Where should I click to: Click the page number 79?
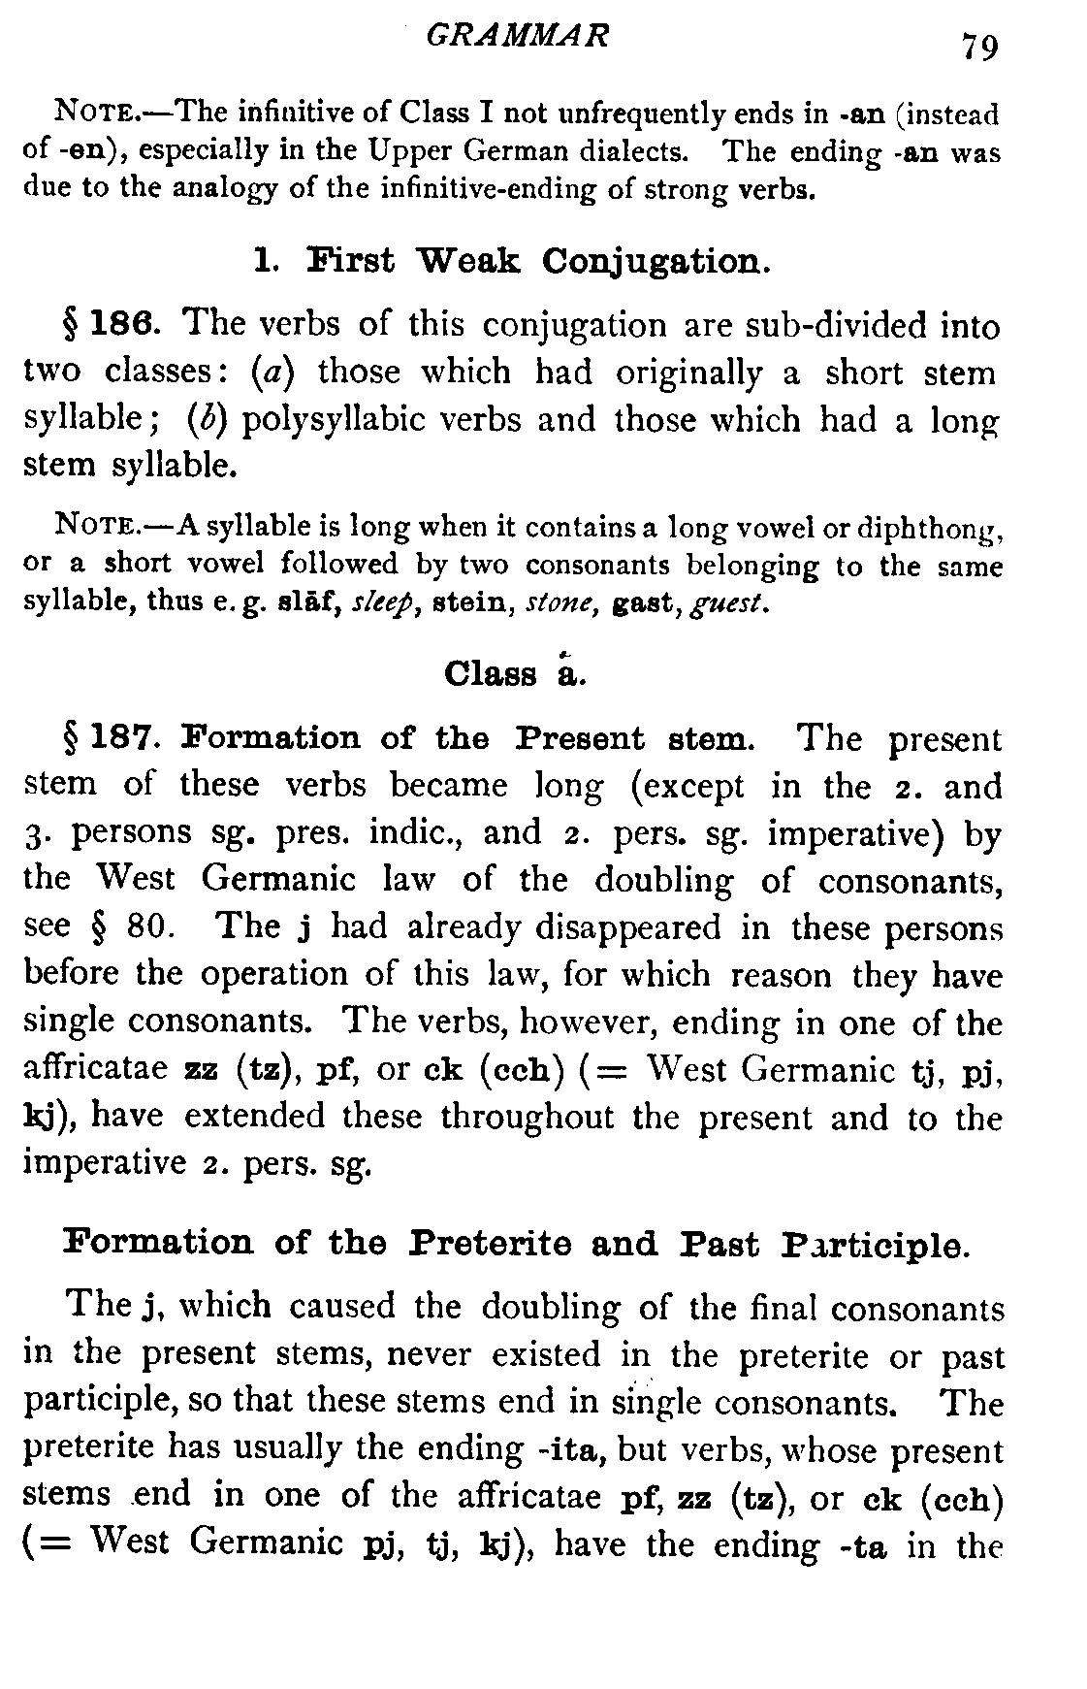click(x=979, y=46)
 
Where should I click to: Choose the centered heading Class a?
click(x=515, y=672)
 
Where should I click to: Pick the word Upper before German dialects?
click(x=409, y=152)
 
